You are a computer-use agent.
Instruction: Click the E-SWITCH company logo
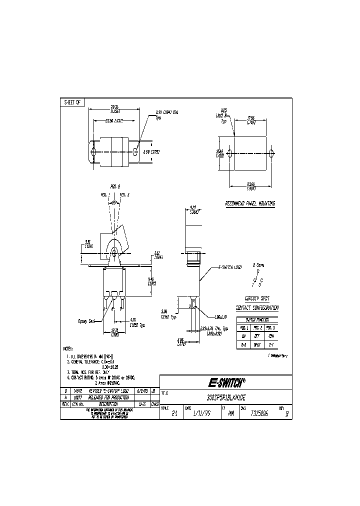click(226, 383)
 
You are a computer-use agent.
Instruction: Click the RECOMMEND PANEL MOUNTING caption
click(250, 203)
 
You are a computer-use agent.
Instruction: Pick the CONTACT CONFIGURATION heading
click(257, 308)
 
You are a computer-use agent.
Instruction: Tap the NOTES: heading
click(68, 348)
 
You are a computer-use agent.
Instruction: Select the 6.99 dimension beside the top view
click(149, 151)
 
